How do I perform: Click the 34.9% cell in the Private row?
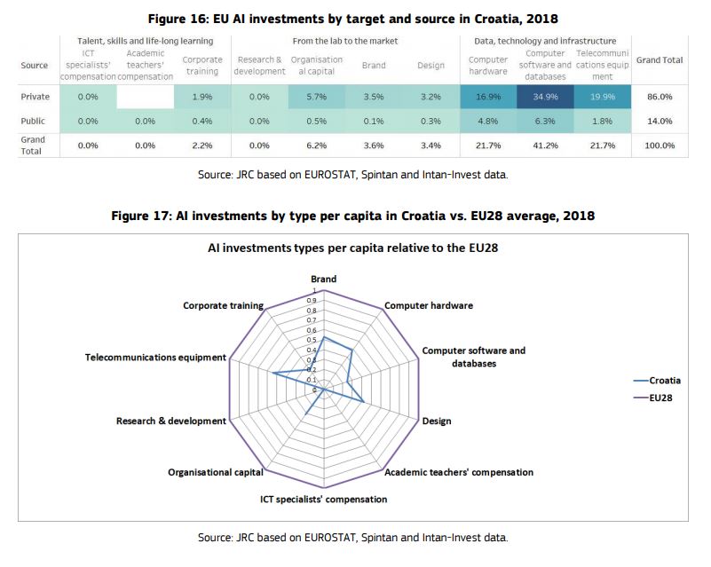[545, 97]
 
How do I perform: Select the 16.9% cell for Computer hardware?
[488, 97]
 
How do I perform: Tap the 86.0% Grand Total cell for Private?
[660, 97]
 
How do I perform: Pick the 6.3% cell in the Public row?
[545, 121]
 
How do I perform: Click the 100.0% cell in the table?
[660, 146]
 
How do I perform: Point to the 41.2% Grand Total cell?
[545, 146]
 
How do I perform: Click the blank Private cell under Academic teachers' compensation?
[145, 97]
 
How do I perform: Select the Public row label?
[33, 121]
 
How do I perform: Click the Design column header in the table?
[431, 66]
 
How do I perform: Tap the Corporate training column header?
[202, 66]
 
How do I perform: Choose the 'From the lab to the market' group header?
[345, 41]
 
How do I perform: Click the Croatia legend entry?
[657, 381]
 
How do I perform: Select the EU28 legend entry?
[653, 398]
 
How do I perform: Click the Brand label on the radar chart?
[323, 279]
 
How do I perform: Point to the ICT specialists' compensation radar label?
[323, 499]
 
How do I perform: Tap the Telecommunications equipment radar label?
[155, 358]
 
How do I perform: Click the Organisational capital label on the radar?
[216, 472]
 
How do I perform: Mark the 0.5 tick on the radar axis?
[312, 340]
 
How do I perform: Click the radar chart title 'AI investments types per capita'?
[352, 248]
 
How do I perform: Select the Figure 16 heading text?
[352, 19]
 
